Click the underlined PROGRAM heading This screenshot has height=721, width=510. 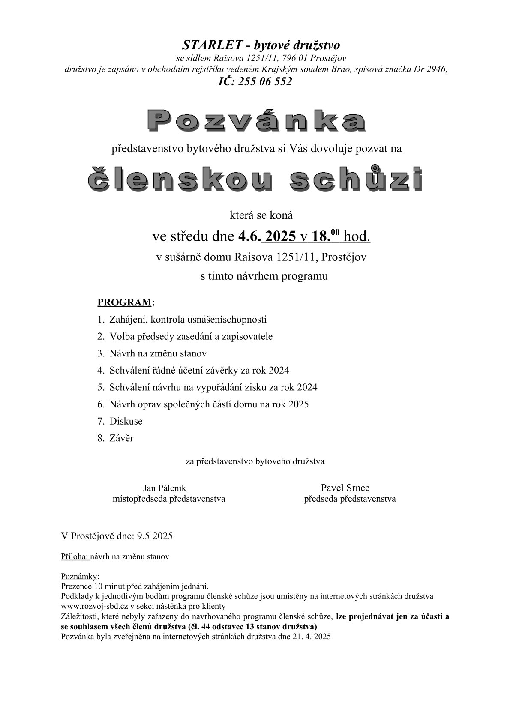124,302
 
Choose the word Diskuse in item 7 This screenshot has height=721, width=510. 126,421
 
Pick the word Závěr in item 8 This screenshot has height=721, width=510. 121,438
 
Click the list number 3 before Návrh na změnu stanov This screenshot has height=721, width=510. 100,353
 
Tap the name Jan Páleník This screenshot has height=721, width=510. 165,488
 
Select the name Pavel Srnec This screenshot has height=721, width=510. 345,488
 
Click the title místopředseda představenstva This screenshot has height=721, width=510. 168,499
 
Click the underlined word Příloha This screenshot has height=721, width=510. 75,557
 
